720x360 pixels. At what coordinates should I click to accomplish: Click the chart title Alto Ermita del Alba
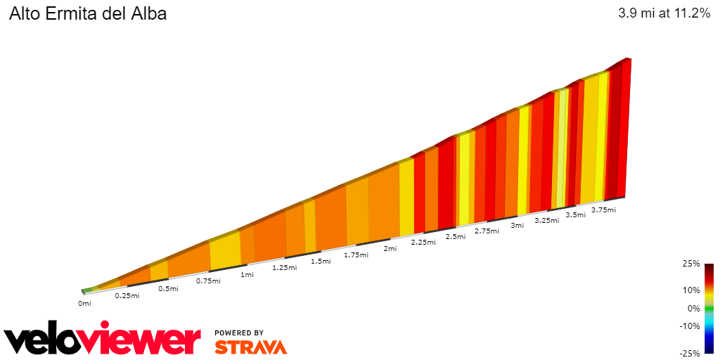[x=88, y=13]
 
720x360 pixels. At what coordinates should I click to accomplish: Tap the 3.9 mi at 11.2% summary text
[x=664, y=13]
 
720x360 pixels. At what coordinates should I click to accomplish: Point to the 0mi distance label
[x=84, y=304]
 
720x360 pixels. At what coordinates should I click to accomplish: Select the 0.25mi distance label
[x=127, y=295]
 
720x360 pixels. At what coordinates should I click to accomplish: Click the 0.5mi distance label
[x=168, y=288]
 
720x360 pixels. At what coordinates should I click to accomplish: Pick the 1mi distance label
[x=247, y=274]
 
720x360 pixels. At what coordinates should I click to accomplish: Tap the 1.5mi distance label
[x=321, y=262]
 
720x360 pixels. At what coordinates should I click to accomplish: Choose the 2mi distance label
[x=390, y=248]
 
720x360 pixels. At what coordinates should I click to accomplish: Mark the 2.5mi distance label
[x=456, y=237]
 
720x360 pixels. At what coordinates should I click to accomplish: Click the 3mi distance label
[x=517, y=226]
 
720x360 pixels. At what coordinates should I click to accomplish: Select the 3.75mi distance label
[x=603, y=210]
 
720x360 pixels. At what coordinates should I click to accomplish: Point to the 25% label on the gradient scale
[x=691, y=264]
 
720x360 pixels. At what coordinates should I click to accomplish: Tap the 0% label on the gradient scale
[x=693, y=308]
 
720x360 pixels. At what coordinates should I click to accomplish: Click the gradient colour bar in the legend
[x=709, y=308]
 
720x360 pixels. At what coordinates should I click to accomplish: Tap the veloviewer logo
[x=103, y=339]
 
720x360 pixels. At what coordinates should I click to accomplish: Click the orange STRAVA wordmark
[x=250, y=347]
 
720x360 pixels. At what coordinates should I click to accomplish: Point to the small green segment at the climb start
[x=86, y=290]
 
